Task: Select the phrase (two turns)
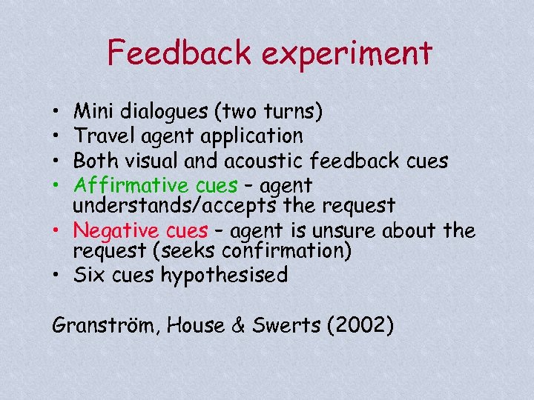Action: (267, 113)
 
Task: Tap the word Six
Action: (92, 276)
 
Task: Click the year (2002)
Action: (360, 324)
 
